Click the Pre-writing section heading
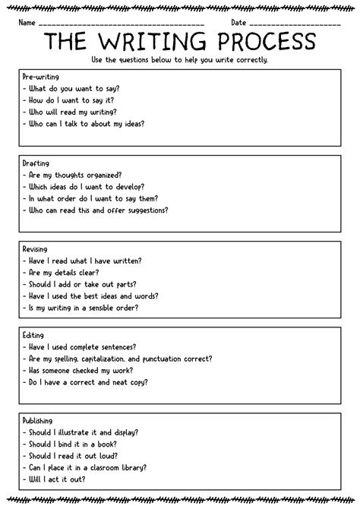[42, 77]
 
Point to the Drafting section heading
[36, 163]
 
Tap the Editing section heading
[34, 334]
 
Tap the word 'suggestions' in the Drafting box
[147, 210]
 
